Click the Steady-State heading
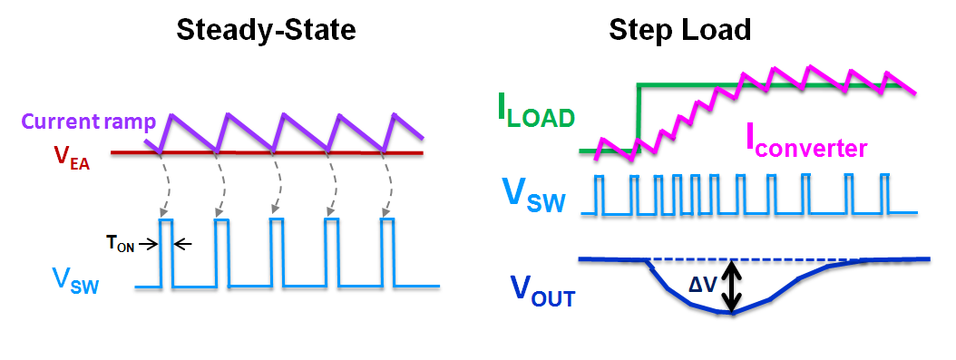point(265,30)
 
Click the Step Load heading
point(679,30)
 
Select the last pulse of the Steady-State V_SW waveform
point(388,252)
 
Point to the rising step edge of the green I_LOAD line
point(639,118)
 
